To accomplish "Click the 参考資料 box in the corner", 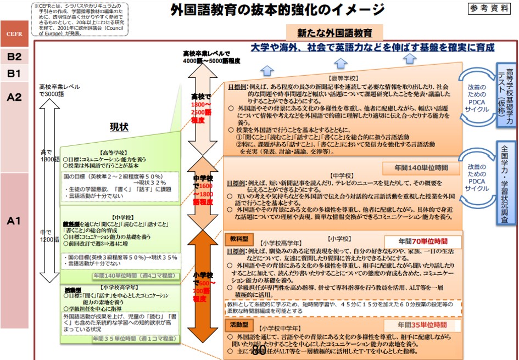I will pos(490,8).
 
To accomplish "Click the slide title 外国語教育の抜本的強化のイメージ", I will pos(277,10).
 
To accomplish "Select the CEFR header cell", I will pos(14,34).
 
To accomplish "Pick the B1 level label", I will pos(14,73).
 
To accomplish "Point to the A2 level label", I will pos(14,97).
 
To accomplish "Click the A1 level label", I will pos(14,221).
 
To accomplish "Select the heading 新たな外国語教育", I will pos(334,33).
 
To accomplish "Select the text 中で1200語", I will pos(49,236).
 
